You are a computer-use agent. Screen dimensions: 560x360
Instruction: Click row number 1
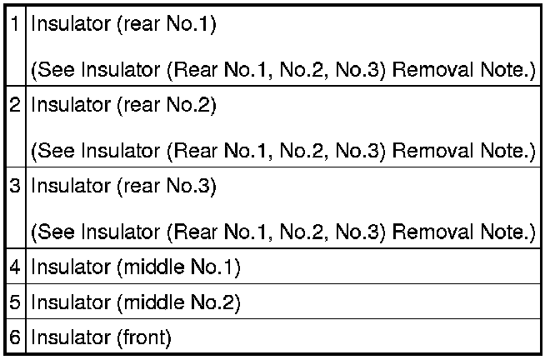[16, 25]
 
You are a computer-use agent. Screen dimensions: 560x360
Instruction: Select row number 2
[16, 106]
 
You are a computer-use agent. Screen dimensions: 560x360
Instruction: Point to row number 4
[16, 267]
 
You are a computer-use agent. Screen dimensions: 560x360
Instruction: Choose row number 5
[16, 303]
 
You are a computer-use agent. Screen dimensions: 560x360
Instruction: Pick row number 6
[16, 338]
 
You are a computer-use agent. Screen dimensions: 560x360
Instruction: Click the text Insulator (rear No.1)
[123, 25]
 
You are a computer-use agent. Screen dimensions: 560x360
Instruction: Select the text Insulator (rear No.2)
[123, 106]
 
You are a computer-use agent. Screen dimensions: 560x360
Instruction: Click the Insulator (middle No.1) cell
[136, 267]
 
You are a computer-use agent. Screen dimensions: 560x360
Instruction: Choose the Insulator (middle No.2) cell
[136, 303]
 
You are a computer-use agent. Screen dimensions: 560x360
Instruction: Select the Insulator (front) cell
[101, 338]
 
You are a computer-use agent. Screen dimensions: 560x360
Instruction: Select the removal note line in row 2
[282, 151]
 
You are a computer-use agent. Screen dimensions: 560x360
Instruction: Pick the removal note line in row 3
[282, 232]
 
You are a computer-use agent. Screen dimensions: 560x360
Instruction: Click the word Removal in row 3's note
[431, 232]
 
